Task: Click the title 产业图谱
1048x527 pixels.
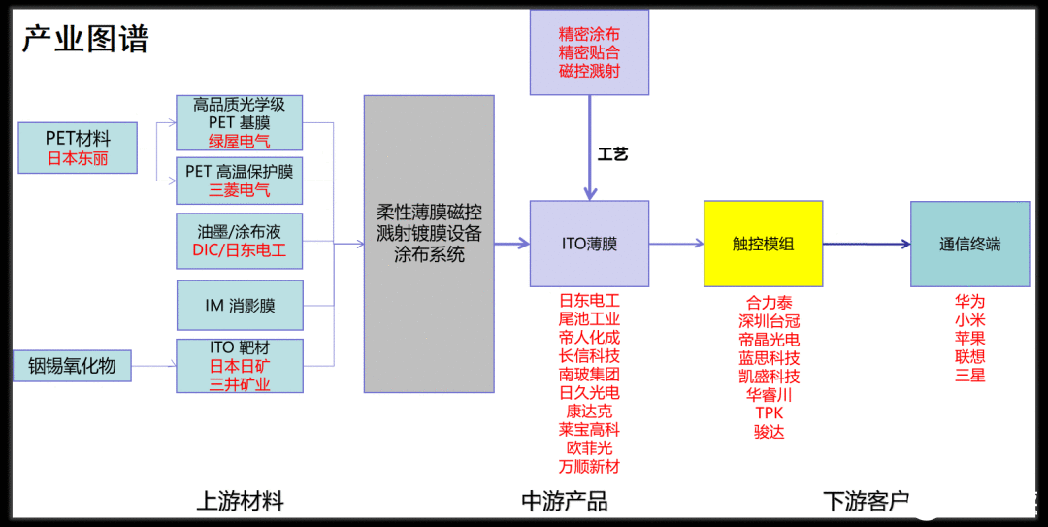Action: point(86,39)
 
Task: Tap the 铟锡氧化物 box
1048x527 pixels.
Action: point(72,366)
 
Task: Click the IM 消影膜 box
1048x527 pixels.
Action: point(240,305)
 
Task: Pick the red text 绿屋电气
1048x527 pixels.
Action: point(240,142)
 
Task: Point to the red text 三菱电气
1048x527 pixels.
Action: point(240,190)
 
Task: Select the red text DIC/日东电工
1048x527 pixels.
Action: point(240,250)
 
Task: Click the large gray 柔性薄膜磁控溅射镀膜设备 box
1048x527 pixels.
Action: point(429,243)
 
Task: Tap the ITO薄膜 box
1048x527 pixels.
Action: point(589,244)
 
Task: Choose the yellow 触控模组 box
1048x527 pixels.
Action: point(763,244)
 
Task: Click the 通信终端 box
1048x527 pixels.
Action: point(969,244)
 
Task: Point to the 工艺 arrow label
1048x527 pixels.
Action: point(612,154)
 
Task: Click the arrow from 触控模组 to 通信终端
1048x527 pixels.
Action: point(866,245)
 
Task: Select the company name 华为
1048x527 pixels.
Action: point(969,301)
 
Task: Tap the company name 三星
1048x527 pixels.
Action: point(969,375)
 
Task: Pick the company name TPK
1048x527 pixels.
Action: point(769,413)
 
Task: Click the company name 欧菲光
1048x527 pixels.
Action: point(589,447)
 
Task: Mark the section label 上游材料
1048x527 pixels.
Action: point(240,501)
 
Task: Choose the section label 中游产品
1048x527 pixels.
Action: point(565,501)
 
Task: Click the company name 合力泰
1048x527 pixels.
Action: point(769,303)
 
